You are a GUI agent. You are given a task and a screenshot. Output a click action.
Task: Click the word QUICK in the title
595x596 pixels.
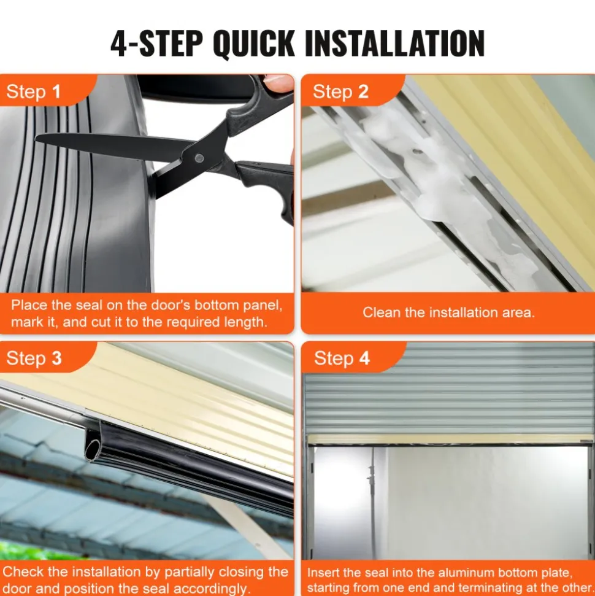click(x=254, y=44)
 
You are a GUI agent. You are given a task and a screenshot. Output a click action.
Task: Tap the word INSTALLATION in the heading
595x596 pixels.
click(x=395, y=44)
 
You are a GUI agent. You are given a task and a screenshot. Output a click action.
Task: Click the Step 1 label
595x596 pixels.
click(x=34, y=91)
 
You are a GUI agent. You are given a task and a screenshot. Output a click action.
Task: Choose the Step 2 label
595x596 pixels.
click(x=340, y=91)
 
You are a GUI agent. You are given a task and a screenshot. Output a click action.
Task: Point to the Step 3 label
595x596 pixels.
click(x=34, y=358)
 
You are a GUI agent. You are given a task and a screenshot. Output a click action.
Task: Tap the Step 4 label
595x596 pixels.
click(x=342, y=358)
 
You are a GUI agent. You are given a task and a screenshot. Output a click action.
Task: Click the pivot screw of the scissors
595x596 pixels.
click(x=199, y=158)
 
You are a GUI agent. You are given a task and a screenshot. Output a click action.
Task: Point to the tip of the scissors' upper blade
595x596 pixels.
click(x=36, y=138)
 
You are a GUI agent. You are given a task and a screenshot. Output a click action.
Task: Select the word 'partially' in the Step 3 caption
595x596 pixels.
click(x=190, y=573)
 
